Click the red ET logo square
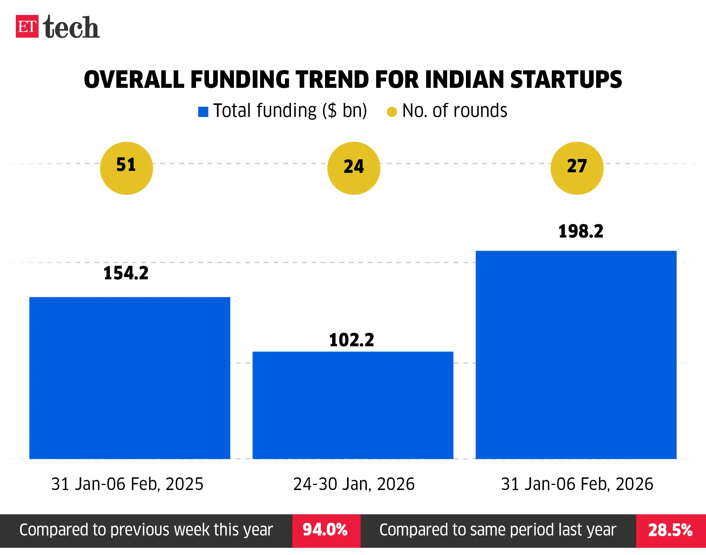pyautogui.click(x=27, y=26)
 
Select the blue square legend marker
pyautogui.click(x=203, y=112)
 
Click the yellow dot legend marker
pyautogui.click(x=392, y=112)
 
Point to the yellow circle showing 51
pyautogui.click(x=127, y=168)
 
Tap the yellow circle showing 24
pyautogui.click(x=354, y=168)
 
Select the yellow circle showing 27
pyautogui.click(x=577, y=168)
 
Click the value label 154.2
pyautogui.click(x=126, y=273)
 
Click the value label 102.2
pyautogui.click(x=352, y=340)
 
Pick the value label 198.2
pyautogui.click(x=581, y=232)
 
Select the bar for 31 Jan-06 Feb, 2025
pyautogui.click(x=130, y=378)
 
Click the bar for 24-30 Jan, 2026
pyautogui.click(x=353, y=405)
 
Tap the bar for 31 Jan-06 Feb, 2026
pyautogui.click(x=576, y=355)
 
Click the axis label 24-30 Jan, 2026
pyautogui.click(x=354, y=484)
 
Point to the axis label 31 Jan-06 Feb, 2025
pyautogui.click(x=127, y=484)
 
